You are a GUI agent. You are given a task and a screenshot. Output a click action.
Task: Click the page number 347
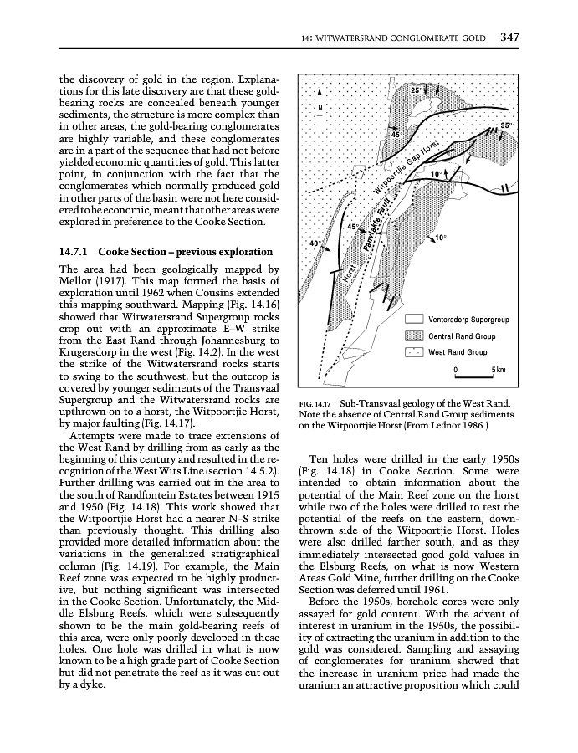point(509,37)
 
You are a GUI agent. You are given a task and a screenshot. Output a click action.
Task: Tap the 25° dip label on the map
point(416,89)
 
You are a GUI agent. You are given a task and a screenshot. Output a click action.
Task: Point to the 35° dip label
point(505,125)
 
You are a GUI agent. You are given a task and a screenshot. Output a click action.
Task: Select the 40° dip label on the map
point(315,243)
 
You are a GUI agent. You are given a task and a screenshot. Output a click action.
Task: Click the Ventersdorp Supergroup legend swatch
point(413,319)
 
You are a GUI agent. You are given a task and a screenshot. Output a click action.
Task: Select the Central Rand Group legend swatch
point(413,336)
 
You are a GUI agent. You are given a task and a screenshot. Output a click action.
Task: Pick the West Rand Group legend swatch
point(413,352)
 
